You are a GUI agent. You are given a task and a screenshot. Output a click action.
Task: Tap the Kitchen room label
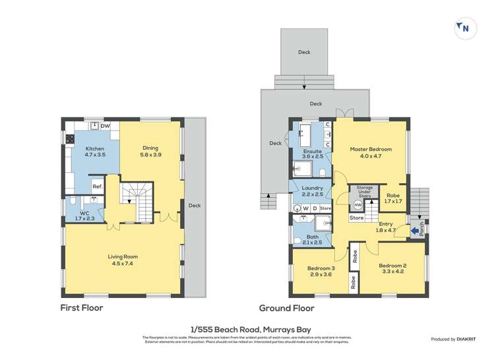(x=95, y=149)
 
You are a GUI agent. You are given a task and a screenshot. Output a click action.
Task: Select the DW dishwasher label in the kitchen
(x=106, y=125)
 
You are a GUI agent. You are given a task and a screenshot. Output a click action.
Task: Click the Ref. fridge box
(x=96, y=187)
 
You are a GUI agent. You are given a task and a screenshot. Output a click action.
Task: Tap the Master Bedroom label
(x=370, y=150)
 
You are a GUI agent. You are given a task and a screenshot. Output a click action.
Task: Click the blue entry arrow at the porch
(x=414, y=230)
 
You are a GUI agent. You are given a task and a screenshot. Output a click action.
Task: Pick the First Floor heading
(x=82, y=308)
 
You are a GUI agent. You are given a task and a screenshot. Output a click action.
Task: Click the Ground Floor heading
(x=286, y=308)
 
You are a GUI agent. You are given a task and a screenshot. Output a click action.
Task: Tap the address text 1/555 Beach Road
(x=246, y=329)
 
